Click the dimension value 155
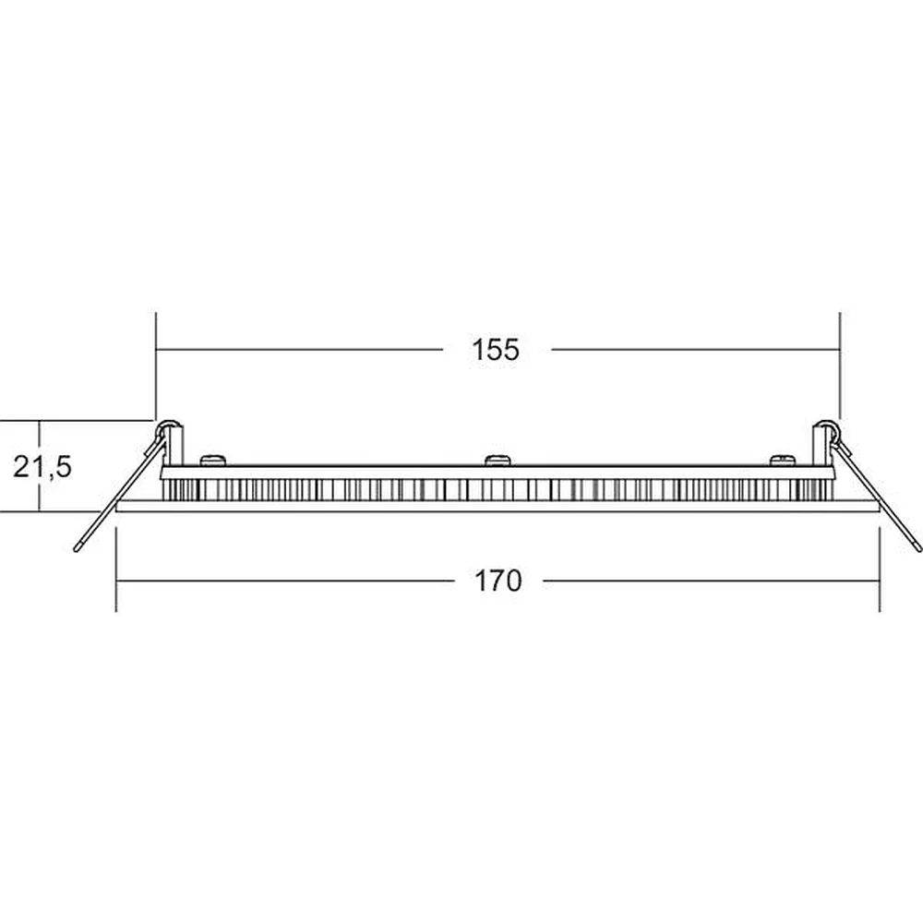tap(496, 349)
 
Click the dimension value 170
tap(498, 581)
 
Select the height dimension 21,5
tap(42, 467)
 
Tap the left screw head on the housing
tap(213, 460)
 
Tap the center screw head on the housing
tap(497, 460)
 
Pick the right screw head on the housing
tap(783, 460)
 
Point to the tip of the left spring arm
tap(76, 550)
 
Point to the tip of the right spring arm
tap(918, 550)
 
